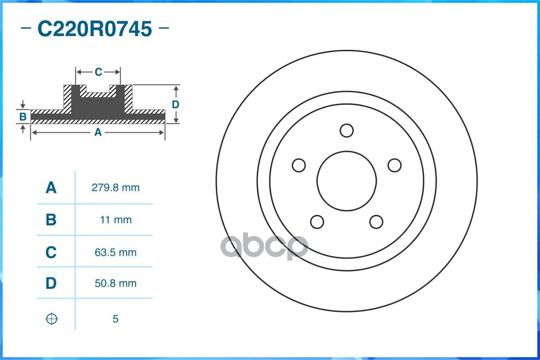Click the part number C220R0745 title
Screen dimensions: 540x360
[95, 28]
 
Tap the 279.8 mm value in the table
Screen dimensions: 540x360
[115, 188]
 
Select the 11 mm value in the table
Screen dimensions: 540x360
[115, 220]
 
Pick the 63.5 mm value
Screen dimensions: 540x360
[115, 252]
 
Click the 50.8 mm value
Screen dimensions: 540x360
[115, 283]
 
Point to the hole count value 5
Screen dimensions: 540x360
[115, 319]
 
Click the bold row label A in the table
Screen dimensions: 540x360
[51, 188]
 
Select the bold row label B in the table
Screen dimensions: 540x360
[51, 220]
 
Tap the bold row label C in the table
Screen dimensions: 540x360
[51, 252]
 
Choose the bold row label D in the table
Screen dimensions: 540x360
[51, 283]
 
